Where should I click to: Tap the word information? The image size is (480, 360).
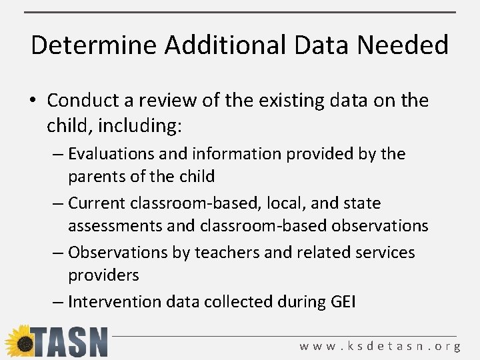click(x=230, y=154)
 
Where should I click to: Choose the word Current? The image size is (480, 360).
click(x=98, y=203)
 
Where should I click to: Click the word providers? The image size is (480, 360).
click(x=103, y=275)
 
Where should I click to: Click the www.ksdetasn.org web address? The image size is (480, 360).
click(x=380, y=346)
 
